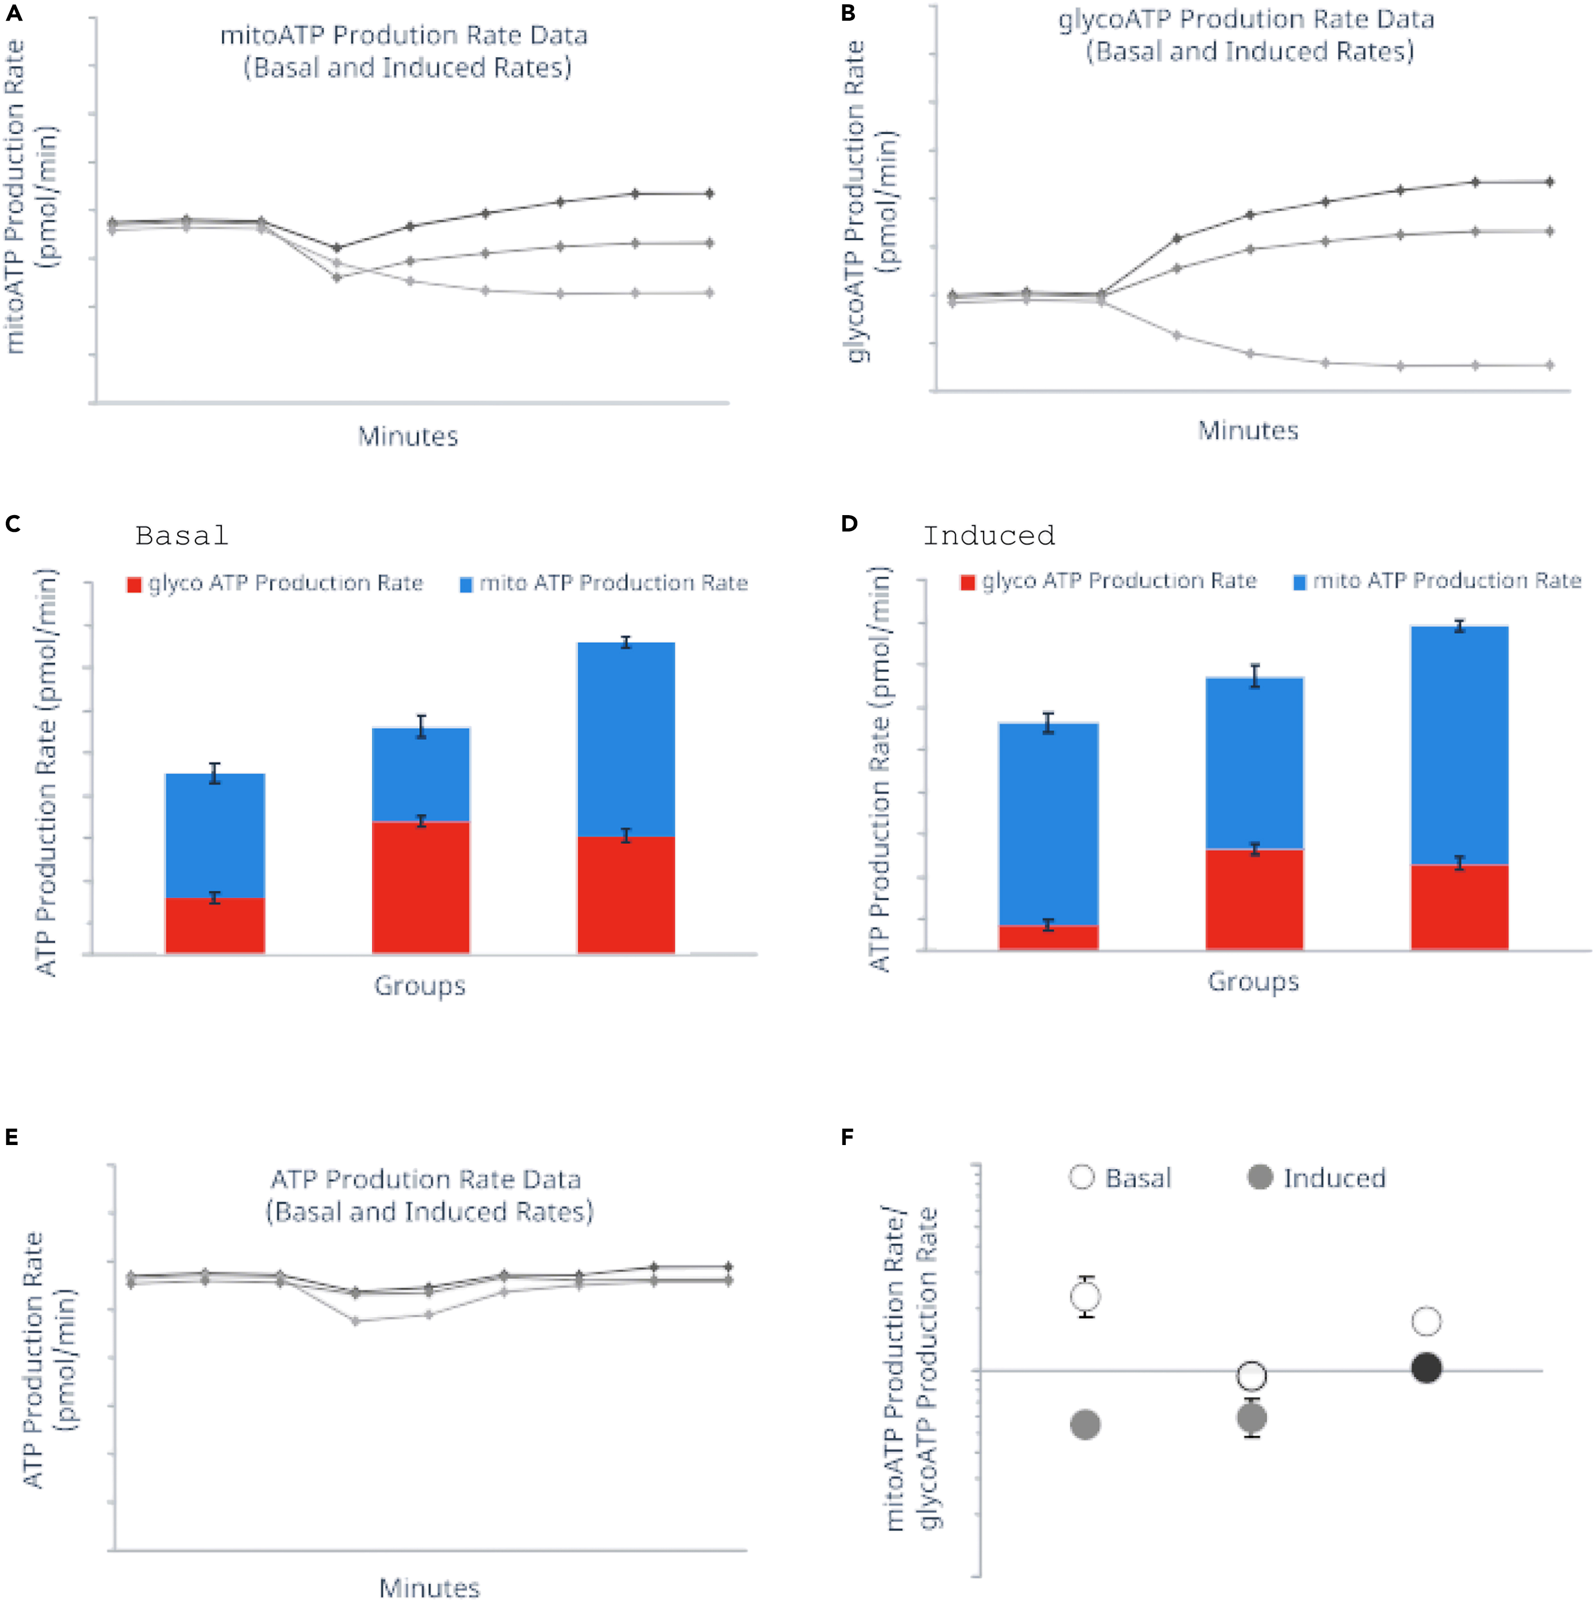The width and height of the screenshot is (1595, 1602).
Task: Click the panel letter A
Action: tap(13, 13)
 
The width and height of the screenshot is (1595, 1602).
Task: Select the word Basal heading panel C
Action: tap(182, 537)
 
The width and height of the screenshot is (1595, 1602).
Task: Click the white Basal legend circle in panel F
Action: tap(1082, 1177)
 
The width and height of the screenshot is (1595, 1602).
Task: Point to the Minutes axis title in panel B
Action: tap(1248, 431)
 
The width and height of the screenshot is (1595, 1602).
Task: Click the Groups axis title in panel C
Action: tap(419, 986)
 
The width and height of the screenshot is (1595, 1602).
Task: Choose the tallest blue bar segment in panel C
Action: tap(626, 739)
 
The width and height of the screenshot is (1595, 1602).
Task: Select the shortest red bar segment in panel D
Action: tap(1049, 938)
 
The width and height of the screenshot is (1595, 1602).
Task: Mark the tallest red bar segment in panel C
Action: tap(421, 887)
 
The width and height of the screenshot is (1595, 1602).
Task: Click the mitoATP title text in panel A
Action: tap(404, 36)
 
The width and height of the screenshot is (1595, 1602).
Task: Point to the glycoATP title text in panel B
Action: tap(1246, 19)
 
